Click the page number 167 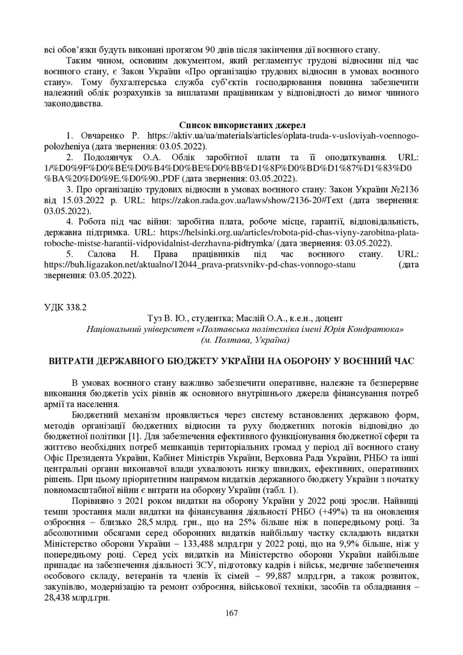click(x=231, y=614)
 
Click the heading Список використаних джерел click(x=231, y=125)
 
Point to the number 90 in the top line click(x=207, y=50)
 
